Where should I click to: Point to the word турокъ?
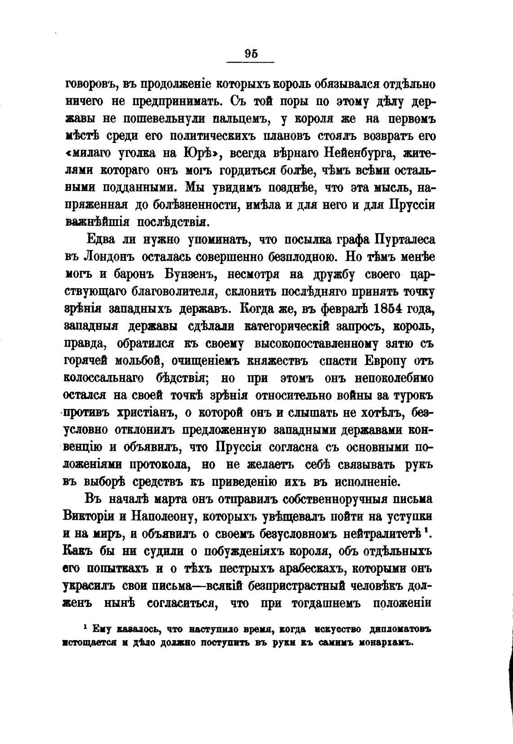coord(413,396)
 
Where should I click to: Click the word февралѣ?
coord(341,309)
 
